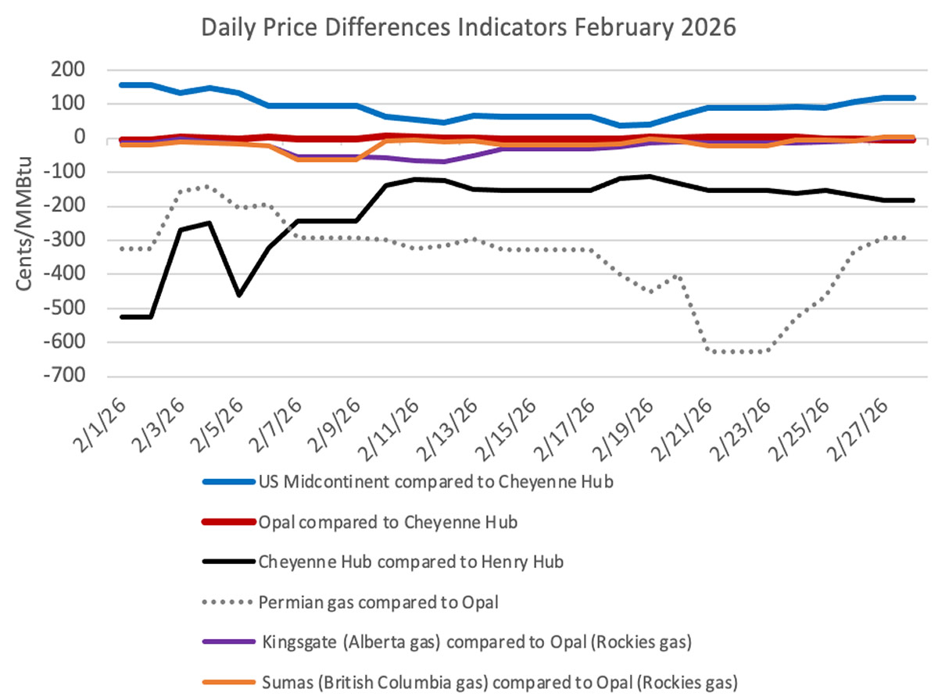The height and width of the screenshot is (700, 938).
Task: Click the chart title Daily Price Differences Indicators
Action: [x=469, y=28]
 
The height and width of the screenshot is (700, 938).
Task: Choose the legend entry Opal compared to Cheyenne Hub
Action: [x=387, y=522]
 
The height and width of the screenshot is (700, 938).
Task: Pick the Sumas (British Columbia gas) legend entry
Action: [x=497, y=681]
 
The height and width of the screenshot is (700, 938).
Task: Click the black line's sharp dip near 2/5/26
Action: [x=239, y=295]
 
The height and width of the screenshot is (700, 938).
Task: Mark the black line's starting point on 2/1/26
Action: [x=122, y=316]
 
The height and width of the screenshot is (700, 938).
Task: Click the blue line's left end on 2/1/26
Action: [x=122, y=84]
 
